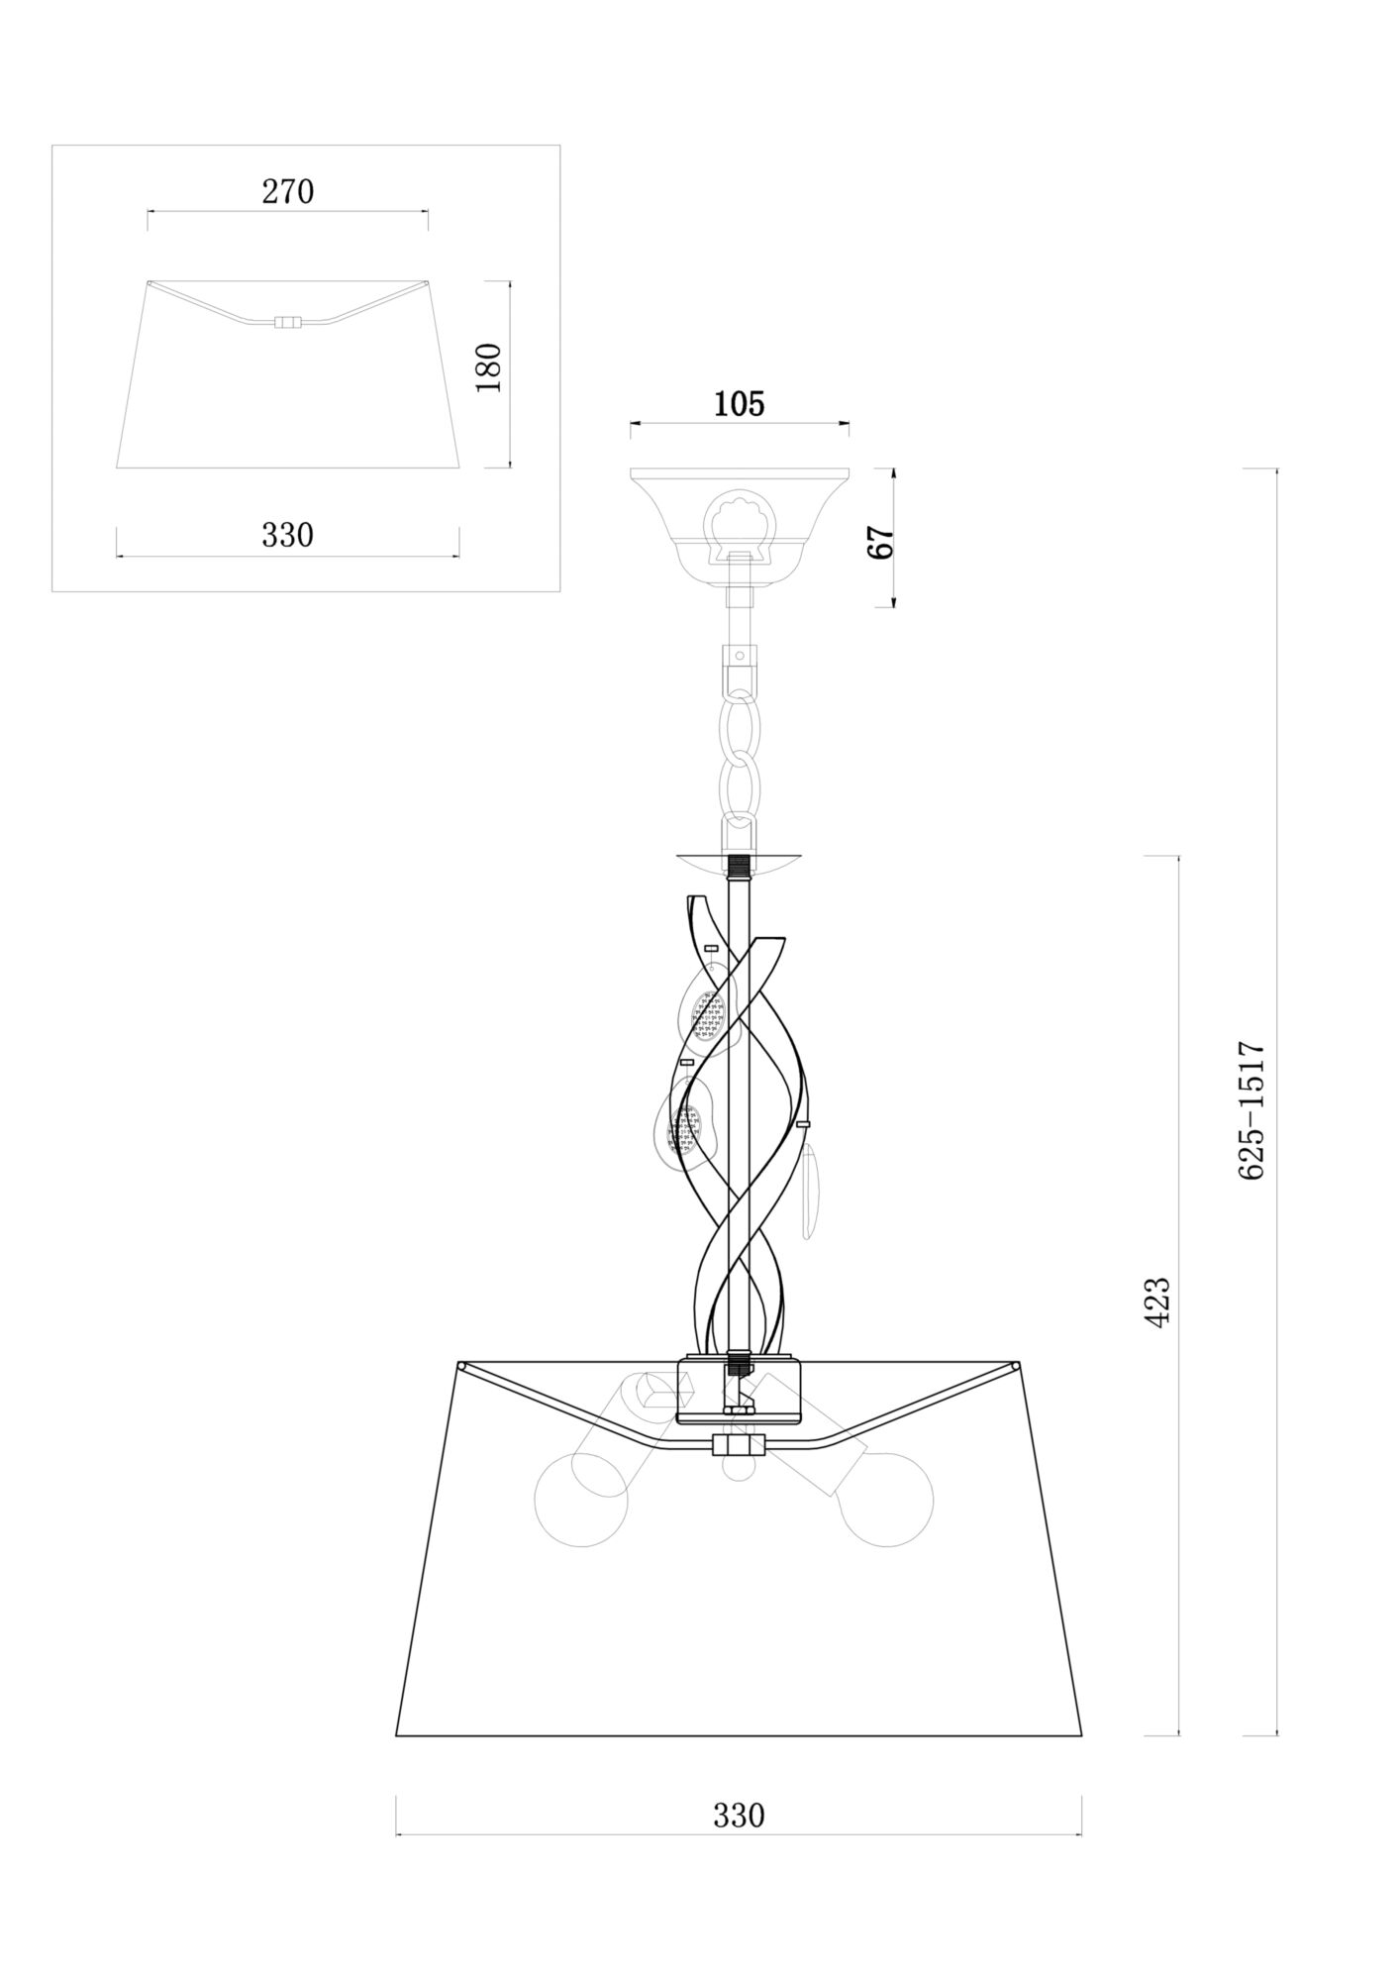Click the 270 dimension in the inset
point(287,191)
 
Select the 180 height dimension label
point(489,367)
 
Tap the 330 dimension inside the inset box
point(287,535)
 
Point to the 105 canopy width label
point(740,404)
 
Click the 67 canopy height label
point(880,542)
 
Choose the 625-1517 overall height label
point(1252,1109)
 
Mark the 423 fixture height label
point(1157,1301)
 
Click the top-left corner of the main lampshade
point(461,1367)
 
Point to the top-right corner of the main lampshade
point(1017,1367)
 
